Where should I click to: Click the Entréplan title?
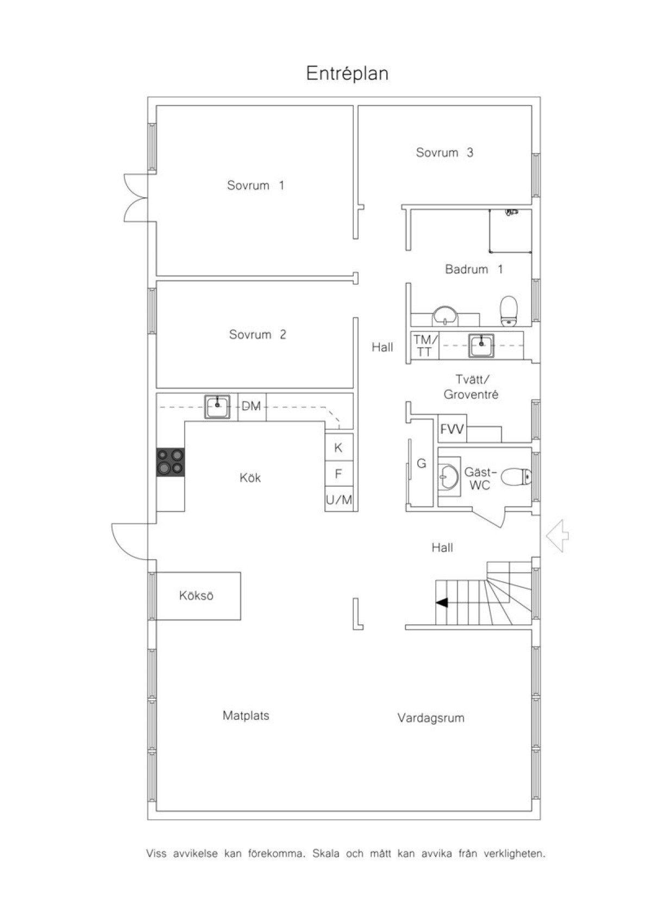347,74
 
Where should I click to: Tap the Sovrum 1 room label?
255,185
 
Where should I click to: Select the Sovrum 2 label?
257,334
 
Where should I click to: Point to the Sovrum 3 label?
444,152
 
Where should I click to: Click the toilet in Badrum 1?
509,311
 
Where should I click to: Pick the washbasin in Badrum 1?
445,316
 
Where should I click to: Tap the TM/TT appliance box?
425,346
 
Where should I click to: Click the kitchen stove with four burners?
171,462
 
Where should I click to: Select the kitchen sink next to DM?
217,406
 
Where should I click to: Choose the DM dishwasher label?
251,406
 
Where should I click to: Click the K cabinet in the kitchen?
338,447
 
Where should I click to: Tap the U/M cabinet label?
338,500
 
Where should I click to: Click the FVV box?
452,429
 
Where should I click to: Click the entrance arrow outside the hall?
557,536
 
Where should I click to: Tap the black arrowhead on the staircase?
442,603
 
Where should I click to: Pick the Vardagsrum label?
430,718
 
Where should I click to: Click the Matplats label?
246,716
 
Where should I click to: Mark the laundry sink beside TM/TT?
481,346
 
